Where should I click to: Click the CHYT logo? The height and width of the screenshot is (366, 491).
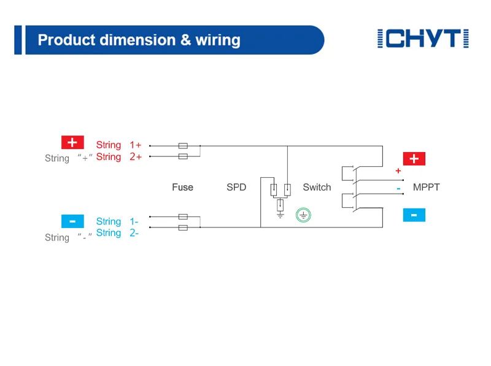coord(423,39)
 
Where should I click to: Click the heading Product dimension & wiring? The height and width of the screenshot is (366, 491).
coord(139,40)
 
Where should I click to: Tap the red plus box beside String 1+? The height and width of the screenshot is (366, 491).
coord(72,143)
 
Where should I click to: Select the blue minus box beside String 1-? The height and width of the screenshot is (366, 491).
coord(72,221)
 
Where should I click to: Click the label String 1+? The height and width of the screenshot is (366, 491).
coord(118,145)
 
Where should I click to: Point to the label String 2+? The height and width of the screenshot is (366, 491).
coord(118,157)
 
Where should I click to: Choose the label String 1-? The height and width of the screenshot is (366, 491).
coord(117,221)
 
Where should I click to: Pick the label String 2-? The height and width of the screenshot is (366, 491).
coord(117,233)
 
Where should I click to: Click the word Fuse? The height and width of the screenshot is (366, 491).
coord(182,188)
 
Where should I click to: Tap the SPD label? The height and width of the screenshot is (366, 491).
coord(236,188)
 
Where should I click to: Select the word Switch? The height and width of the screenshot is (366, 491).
coord(317,188)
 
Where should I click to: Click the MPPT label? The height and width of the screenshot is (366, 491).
coord(426,188)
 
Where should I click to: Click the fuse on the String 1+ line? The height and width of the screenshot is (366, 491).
coord(182,146)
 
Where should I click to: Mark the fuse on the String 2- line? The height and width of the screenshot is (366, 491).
coord(182,227)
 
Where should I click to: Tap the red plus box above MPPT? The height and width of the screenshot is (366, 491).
coord(414,159)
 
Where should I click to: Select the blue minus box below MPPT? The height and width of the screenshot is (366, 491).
coord(414,215)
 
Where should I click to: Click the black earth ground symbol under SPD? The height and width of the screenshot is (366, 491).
coord(280,215)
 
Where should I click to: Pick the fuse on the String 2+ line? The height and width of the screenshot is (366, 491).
coord(182,157)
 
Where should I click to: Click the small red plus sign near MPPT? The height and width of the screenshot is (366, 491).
coord(398,171)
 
